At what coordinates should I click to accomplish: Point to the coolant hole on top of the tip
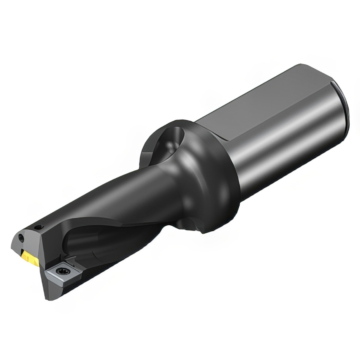tap(38, 228)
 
